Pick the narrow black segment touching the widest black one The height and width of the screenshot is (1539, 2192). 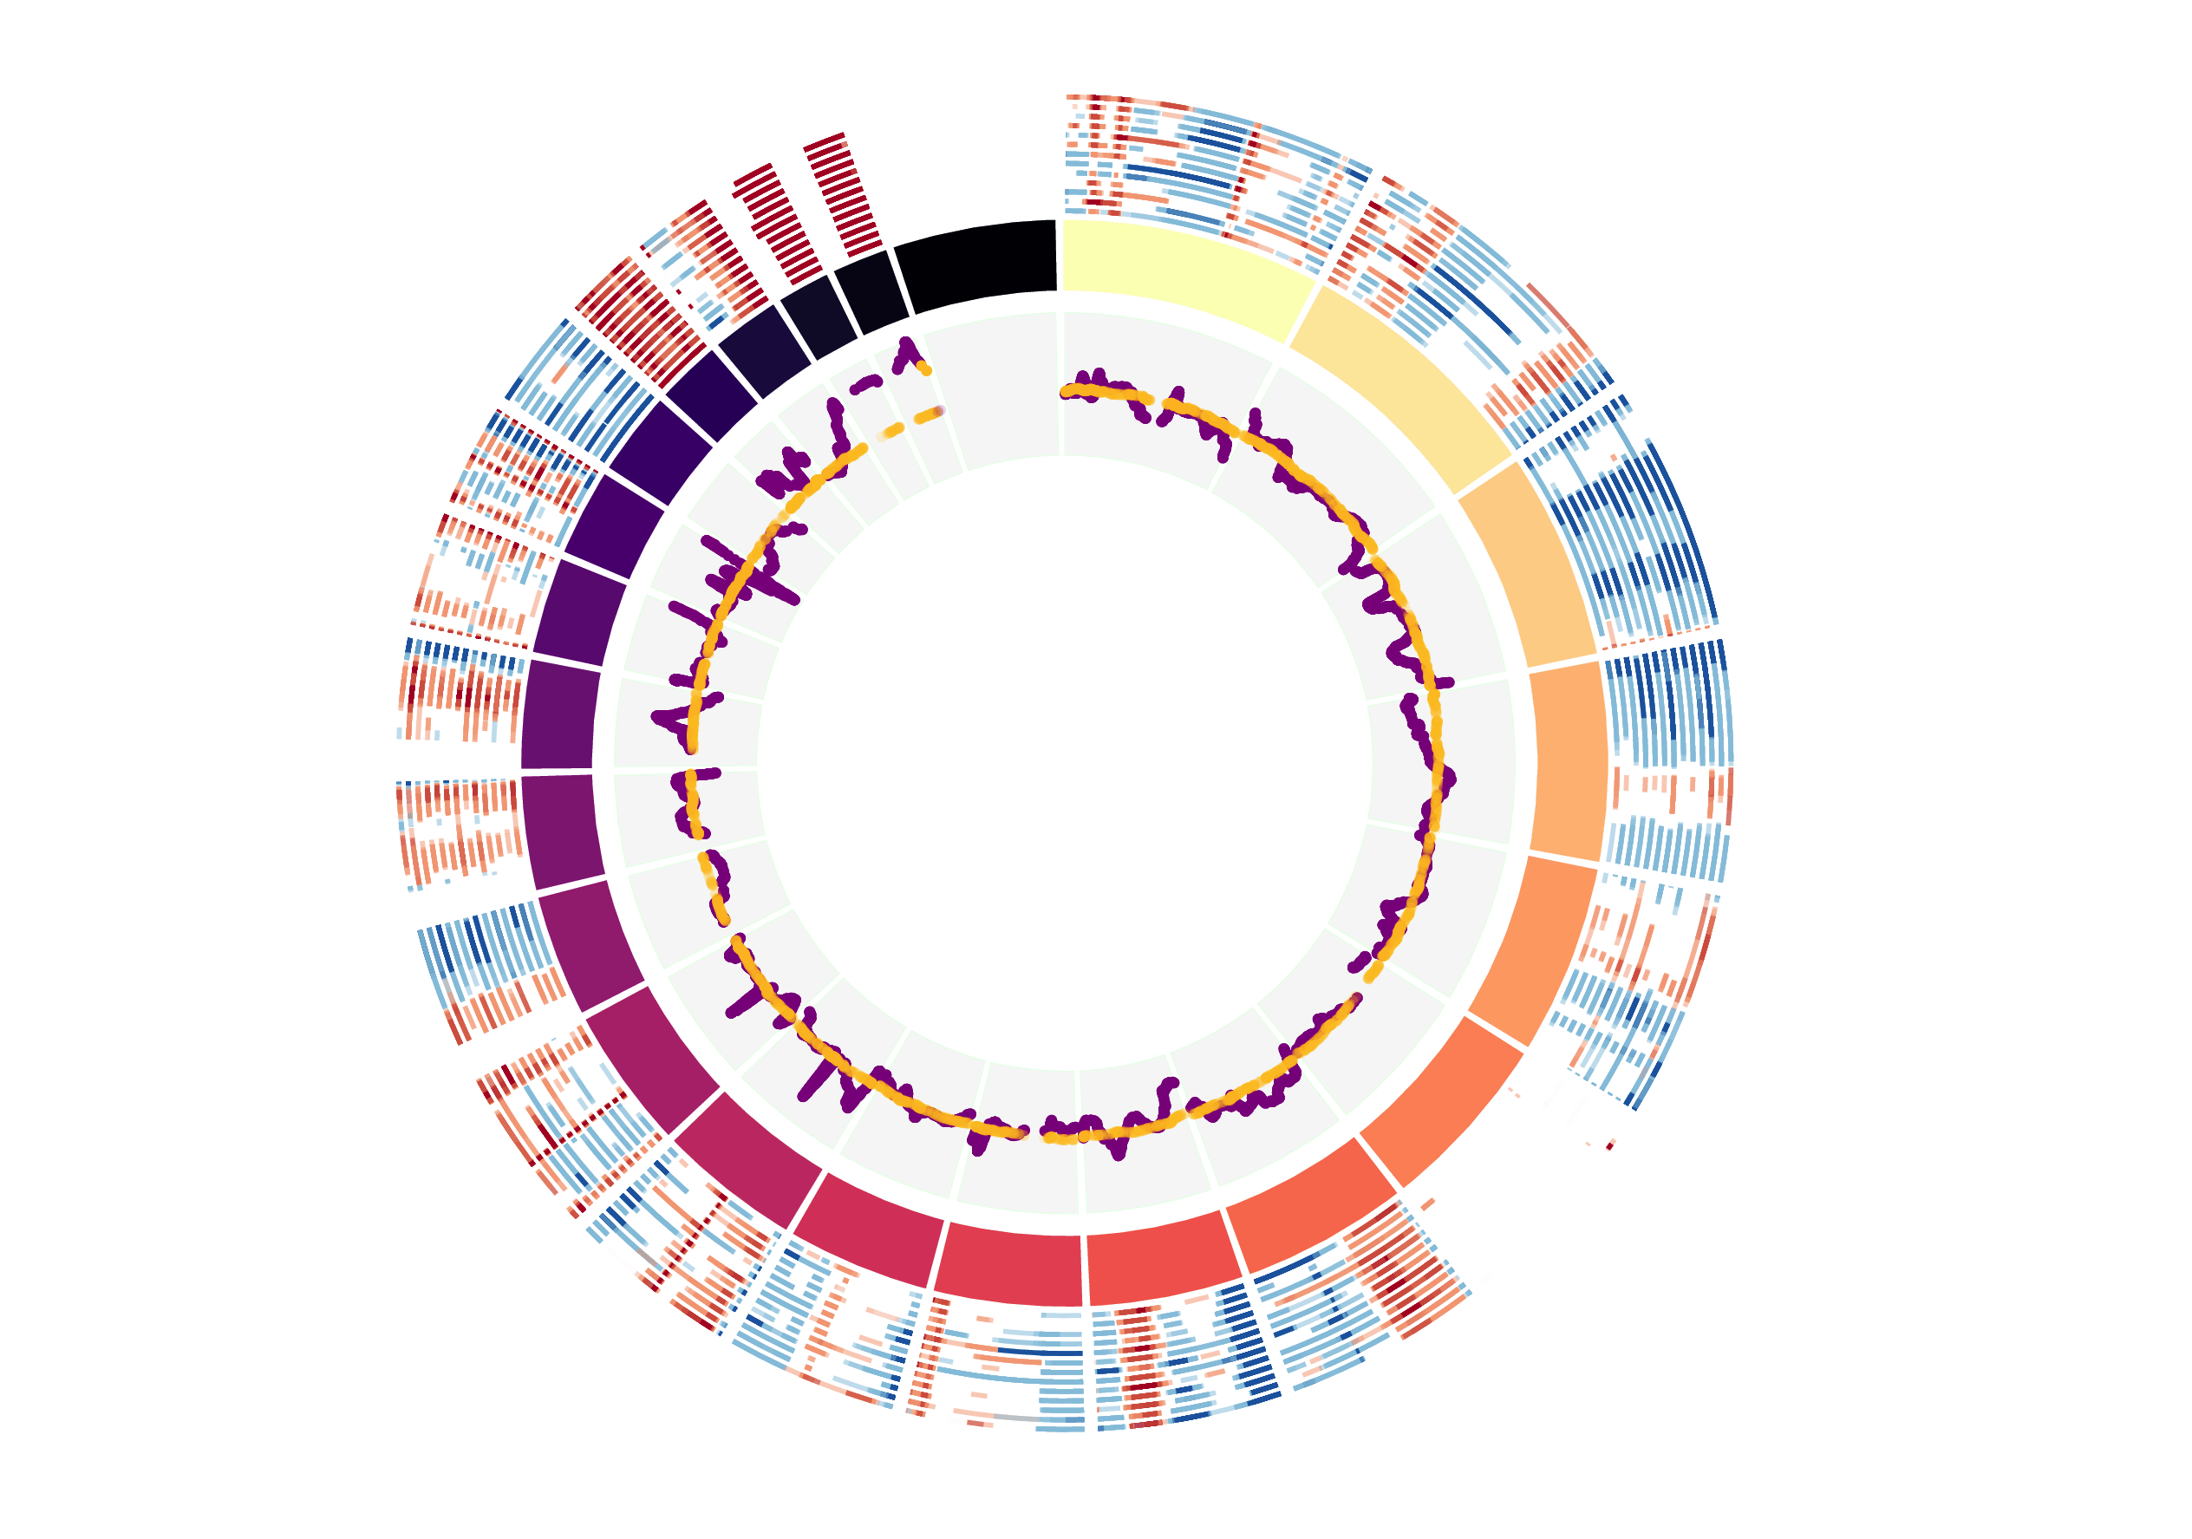pyautogui.click(x=871, y=291)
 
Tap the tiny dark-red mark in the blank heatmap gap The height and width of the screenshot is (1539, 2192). pyautogui.click(x=1609, y=1145)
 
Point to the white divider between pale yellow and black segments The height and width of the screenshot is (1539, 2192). pyautogui.click(x=1060, y=255)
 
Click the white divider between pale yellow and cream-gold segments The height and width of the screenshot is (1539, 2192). pyautogui.click(x=1301, y=314)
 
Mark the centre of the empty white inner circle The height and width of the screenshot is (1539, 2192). pyautogui.click(x=1065, y=764)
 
